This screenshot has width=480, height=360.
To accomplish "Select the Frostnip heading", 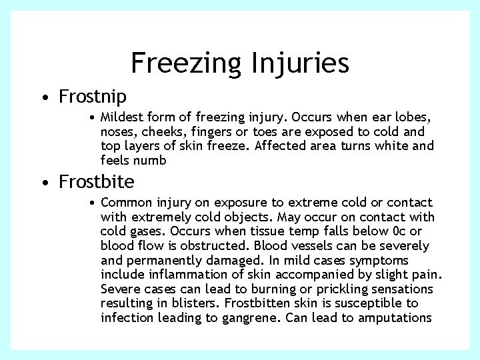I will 93,97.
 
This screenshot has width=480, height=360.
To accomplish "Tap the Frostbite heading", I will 97,181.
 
